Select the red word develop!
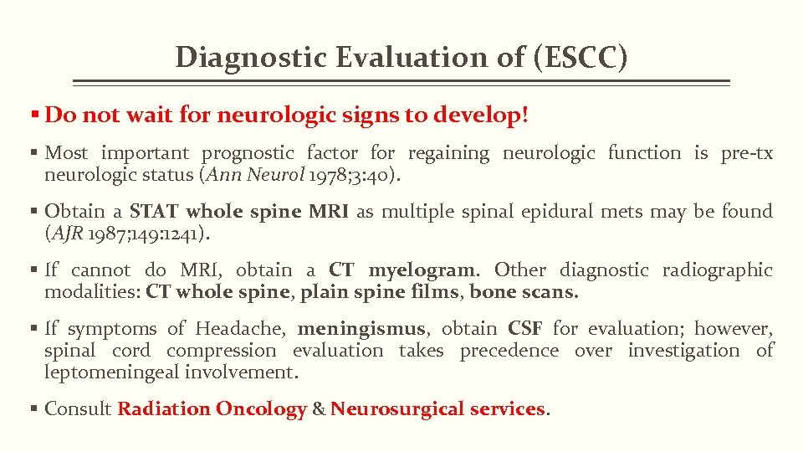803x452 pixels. point(481,115)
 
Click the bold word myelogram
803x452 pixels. point(422,270)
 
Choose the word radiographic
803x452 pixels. point(718,270)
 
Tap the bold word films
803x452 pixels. point(438,292)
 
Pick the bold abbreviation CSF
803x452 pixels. point(526,328)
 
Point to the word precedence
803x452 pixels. point(509,350)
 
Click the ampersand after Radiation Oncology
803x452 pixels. point(318,408)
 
